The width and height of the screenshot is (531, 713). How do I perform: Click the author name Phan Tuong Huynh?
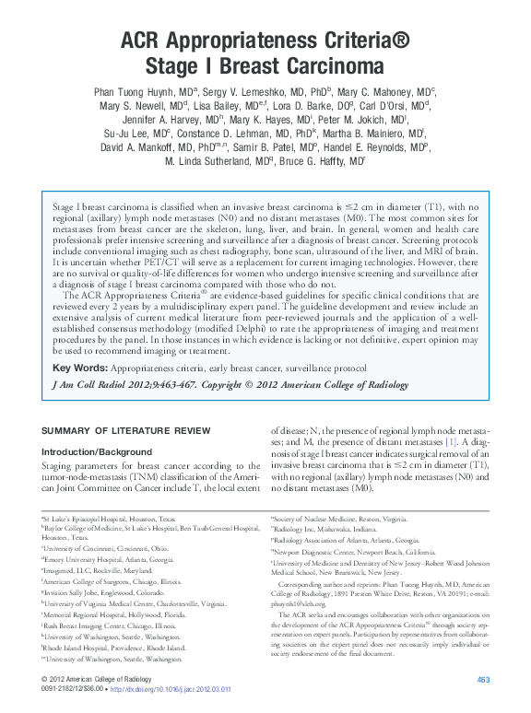point(132,93)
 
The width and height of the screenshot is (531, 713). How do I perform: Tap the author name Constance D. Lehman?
point(218,134)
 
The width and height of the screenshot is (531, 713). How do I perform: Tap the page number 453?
point(482,679)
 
